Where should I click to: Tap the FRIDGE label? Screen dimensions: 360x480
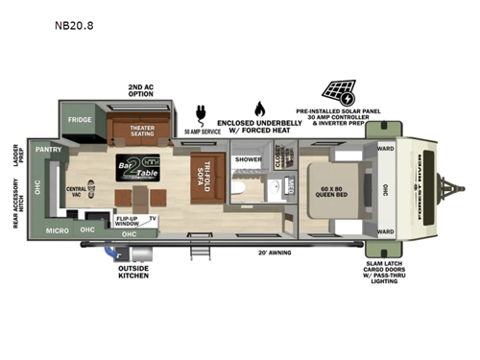pyautogui.click(x=79, y=121)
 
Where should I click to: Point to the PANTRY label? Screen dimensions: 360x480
pyautogui.click(x=49, y=151)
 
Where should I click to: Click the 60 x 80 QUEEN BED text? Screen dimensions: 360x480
pyautogui.click(x=339, y=189)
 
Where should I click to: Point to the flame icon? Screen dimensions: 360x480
pyautogui.click(x=258, y=108)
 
